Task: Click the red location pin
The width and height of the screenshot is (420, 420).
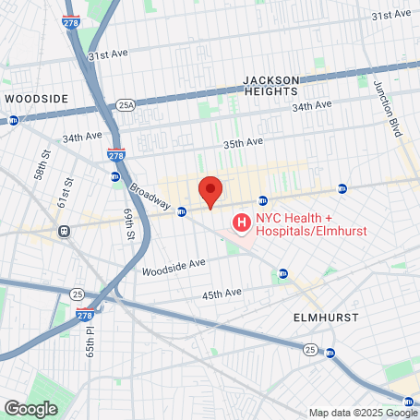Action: pyautogui.click(x=210, y=191)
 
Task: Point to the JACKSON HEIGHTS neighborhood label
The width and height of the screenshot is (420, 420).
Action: pyautogui.click(x=270, y=86)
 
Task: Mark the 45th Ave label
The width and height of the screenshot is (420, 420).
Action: pyautogui.click(x=222, y=294)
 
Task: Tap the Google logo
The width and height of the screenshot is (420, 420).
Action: pyautogui.click(x=30, y=408)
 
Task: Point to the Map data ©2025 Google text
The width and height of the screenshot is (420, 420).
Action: pyautogui.click(x=363, y=413)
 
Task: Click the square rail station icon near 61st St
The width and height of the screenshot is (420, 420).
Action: pyautogui.click(x=65, y=231)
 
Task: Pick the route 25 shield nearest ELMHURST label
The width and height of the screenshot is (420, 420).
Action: pyautogui.click(x=310, y=349)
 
